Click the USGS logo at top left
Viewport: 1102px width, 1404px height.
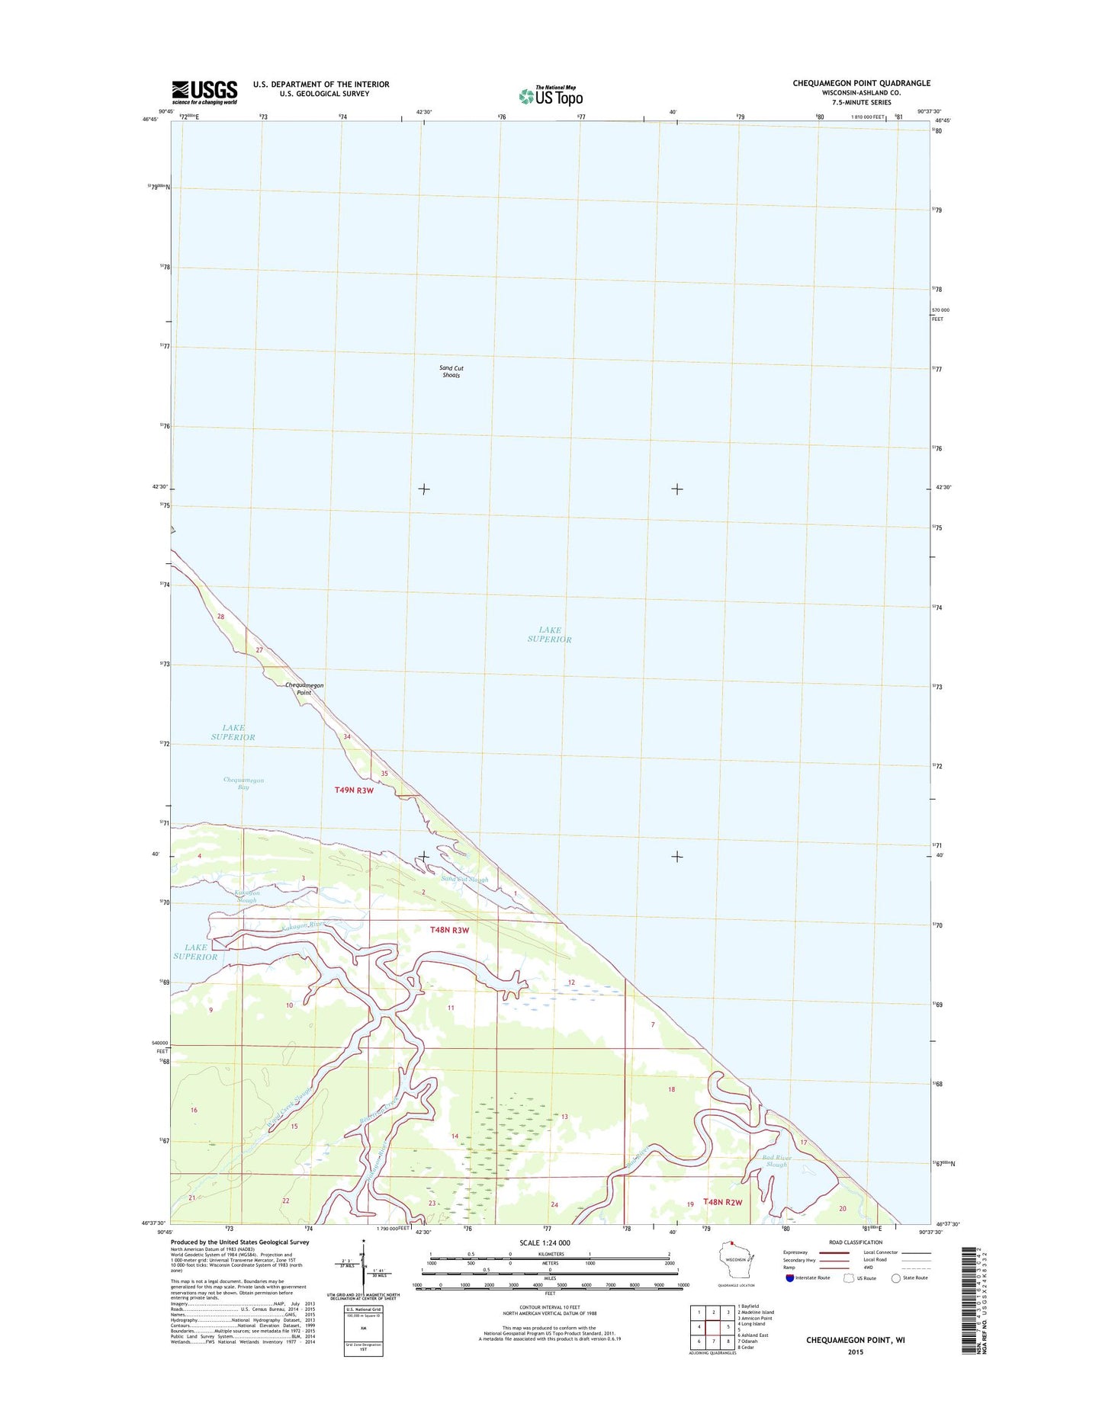click(x=204, y=92)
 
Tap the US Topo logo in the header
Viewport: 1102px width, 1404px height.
click(x=551, y=95)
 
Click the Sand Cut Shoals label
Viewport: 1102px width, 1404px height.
click(x=451, y=371)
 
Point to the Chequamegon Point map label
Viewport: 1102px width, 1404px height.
click(x=304, y=689)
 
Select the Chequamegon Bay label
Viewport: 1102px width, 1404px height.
click(x=243, y=784)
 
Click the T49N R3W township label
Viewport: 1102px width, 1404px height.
click(x=354, y=790)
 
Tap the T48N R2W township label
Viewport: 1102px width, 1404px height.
click(x=722, y=1223)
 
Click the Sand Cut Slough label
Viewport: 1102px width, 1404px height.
click(x=464, y=880)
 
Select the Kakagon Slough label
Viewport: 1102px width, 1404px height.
click(x=247, y=896)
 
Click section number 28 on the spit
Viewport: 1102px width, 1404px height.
click(x=221, y=617)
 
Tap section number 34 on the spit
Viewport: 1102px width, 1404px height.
click(x=347, y=736)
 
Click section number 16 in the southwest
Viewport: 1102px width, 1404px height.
click(x=194, y=1110)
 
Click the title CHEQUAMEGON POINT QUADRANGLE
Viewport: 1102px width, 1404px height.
click(x=861, y=83)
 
